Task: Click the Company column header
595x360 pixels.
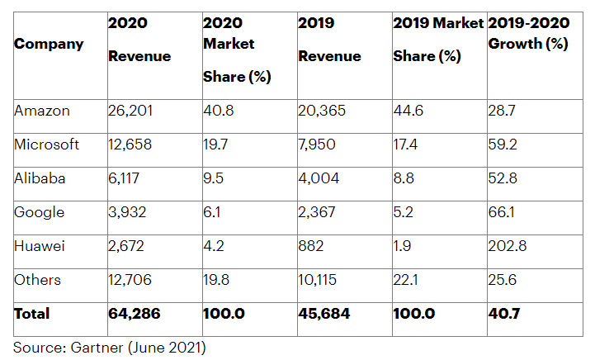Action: point(49,43)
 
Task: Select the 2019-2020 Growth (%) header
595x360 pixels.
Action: point(528,33)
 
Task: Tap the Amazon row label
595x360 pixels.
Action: point(41,111)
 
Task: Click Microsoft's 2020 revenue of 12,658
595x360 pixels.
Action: point(131,144)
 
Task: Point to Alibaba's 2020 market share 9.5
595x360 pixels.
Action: point(215,178)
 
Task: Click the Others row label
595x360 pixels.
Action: point(37,280)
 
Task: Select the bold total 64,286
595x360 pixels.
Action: point(134,314)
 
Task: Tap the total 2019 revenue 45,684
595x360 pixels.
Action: point(324,314)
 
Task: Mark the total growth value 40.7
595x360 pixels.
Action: point(503,314)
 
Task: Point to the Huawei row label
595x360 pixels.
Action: point(39,246)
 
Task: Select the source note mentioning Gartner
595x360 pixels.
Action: point(109,348)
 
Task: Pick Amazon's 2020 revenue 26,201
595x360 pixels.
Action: point(131,111)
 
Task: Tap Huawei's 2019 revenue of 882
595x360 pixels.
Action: point(311,246)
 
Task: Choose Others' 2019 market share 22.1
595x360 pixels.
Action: point(406,280)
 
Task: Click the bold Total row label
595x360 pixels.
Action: point(31,314)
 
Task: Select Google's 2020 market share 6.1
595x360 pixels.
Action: point(213,212)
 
